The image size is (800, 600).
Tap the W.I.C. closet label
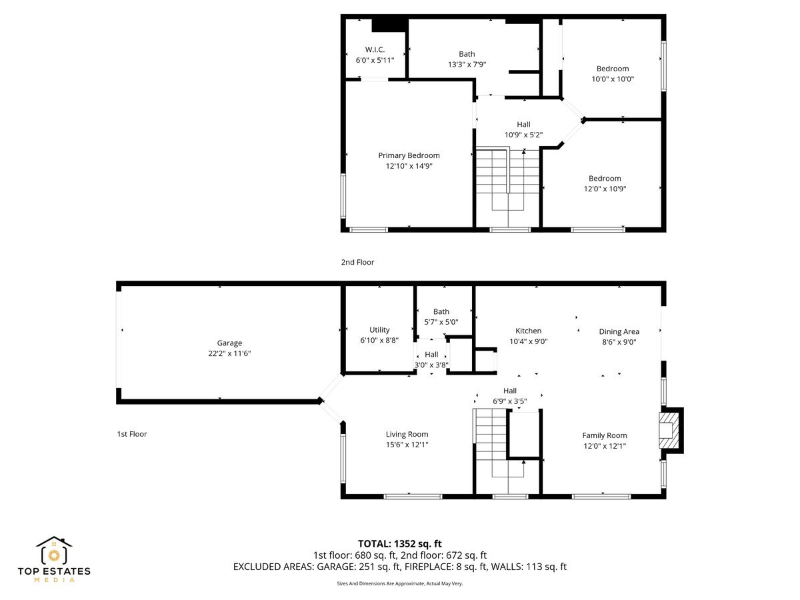[375, 50]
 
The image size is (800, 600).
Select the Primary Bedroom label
[409, 155]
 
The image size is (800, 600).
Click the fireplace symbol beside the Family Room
[667, 430]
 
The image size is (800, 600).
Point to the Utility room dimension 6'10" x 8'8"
[379, 340]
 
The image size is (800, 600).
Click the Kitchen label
[528, 331]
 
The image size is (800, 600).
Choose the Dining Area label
[619, 331]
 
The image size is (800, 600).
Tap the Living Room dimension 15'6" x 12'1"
[407, 445]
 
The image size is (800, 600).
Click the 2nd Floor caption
[357, 263]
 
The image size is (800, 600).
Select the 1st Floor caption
[131, 434]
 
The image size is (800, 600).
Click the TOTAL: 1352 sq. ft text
[399, 543]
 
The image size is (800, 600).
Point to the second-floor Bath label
[467, 54]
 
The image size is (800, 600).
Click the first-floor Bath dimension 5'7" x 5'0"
[441, 321]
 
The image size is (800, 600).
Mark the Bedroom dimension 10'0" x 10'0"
[612, 79]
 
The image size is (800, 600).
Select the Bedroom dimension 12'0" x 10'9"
[605, 189]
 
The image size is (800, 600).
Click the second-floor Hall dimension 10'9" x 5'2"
[523, 135]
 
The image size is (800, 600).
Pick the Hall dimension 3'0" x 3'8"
[431, 365]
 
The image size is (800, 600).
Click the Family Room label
[604, 435]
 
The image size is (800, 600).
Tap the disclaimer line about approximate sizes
[399, 583]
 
